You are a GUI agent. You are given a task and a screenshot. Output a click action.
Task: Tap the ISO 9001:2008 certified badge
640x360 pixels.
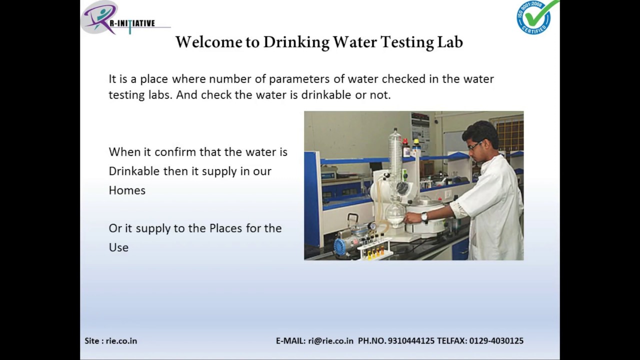pos(536,17)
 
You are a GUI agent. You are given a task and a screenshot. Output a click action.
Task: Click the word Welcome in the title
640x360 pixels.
pos(208,42)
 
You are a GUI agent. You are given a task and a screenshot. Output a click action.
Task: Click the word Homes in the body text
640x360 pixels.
pos(127,190)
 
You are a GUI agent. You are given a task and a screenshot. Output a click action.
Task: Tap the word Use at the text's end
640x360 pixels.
pos(118,247)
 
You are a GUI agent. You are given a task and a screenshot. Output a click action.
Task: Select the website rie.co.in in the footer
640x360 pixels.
pos(121,341)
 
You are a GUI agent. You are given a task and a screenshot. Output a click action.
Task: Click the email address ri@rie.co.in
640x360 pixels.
pos(330,341)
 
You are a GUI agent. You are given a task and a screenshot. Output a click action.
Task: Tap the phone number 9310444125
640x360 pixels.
pos(411,341)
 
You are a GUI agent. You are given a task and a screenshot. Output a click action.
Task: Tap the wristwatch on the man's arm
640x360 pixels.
pos(424,217)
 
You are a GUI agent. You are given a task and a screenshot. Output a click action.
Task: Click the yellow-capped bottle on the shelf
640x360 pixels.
pos(416,145)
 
